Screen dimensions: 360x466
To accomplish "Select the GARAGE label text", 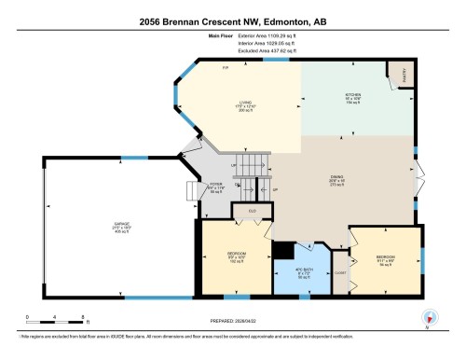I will [x=97, y=225].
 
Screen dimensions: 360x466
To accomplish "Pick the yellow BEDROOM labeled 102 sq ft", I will [x=235, y=257].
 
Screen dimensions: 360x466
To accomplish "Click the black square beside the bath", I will [x=281, y=252].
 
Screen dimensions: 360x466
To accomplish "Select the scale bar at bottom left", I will [x=56, y=309].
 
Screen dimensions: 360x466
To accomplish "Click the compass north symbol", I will [x=428, y=316].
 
